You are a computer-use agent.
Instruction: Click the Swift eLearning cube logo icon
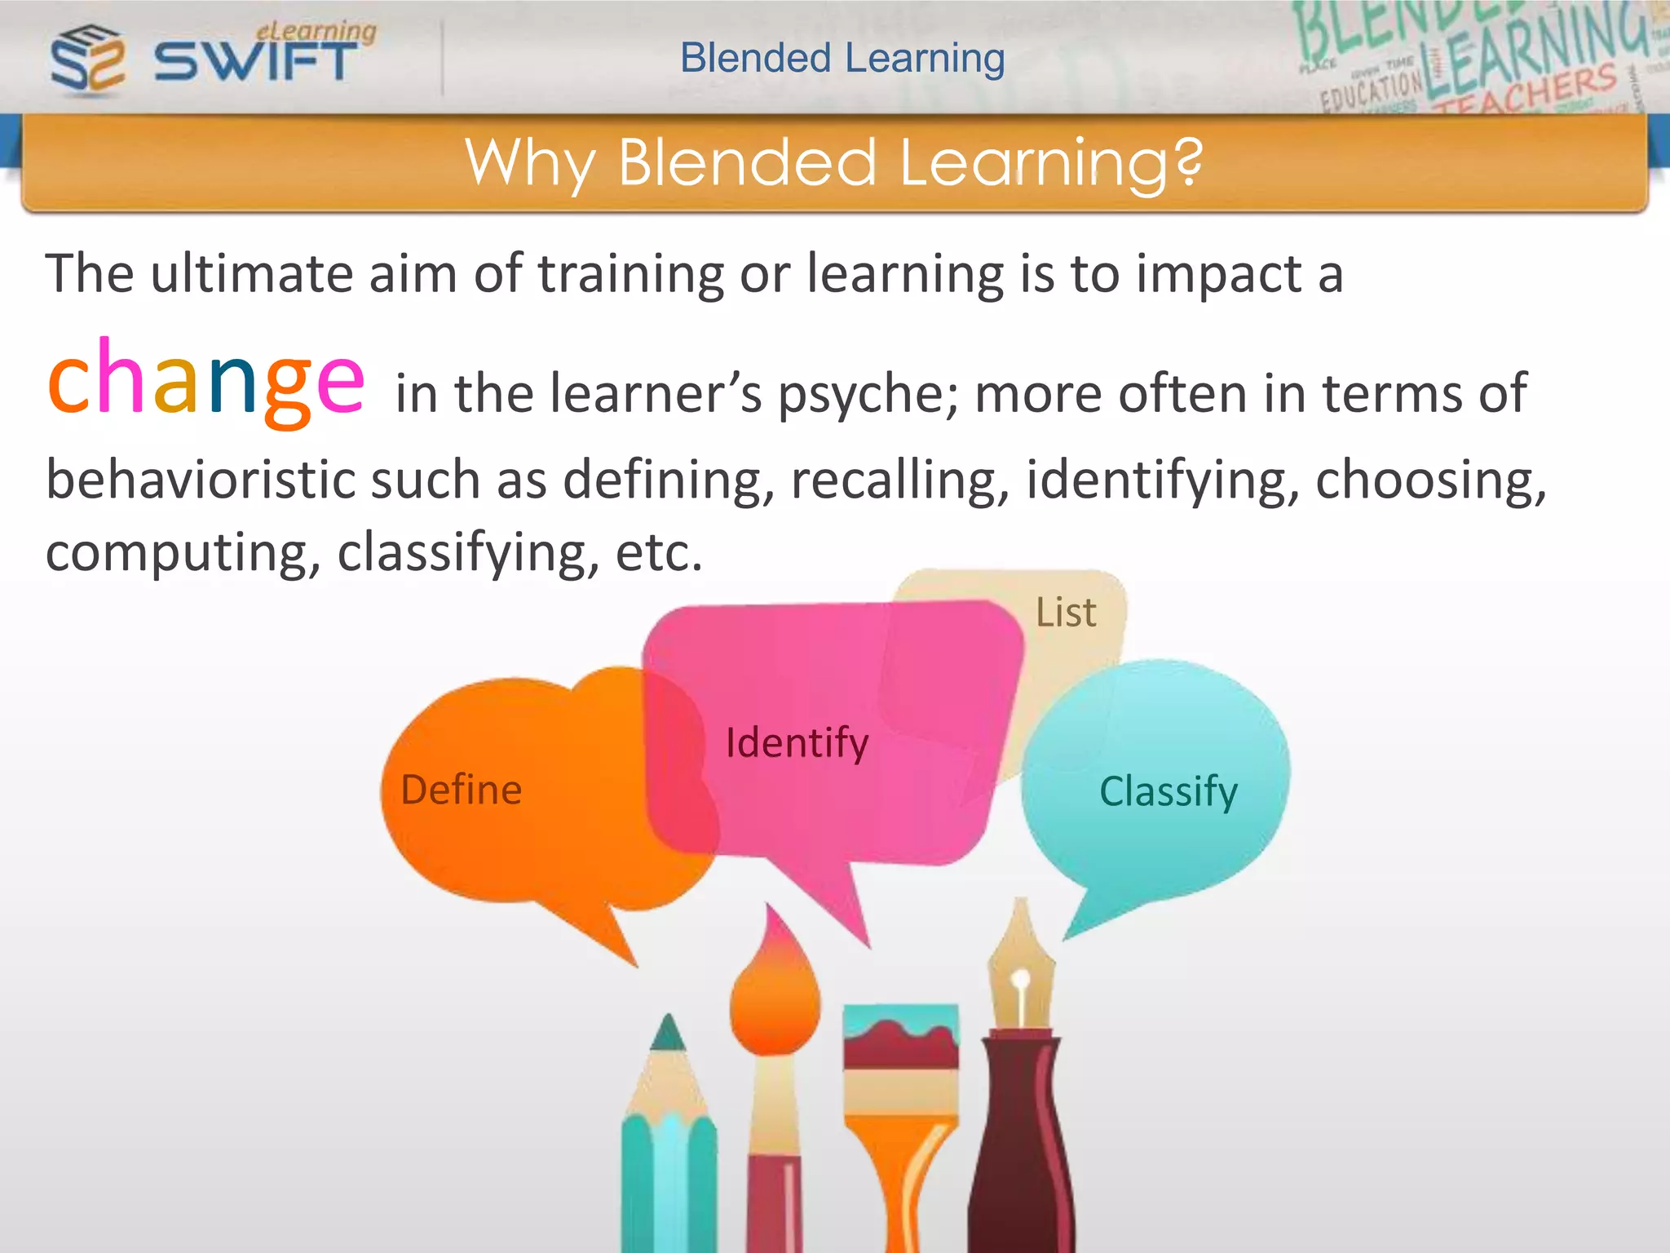87,59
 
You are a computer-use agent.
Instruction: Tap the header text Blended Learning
842,59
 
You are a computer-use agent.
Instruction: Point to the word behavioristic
200,480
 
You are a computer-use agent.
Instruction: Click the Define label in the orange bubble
462,790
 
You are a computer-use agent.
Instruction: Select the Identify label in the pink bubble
797,744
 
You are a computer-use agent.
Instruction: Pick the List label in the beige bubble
1066,613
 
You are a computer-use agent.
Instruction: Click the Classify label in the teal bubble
1168,792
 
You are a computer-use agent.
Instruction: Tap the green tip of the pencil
669,1033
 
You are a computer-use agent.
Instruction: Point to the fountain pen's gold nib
1020,971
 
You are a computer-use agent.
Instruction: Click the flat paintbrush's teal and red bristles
900,1037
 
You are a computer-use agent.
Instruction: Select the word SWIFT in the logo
255,61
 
